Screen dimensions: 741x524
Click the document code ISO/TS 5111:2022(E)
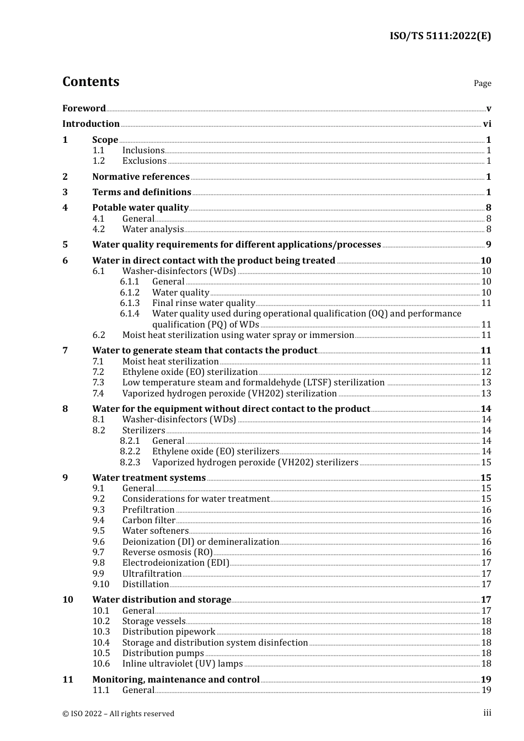[x=440, y=36]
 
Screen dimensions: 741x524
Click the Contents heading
[x=90, y=82]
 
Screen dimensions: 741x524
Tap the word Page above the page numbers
[x=482, y=83]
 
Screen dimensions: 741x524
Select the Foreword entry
[x=84, y=109]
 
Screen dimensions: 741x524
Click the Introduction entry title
[x=91, y=124]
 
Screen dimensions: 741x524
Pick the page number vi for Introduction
[x=486, y=124]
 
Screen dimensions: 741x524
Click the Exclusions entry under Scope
[x=144, y=161]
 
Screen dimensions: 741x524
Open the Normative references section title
[x=141, y=177]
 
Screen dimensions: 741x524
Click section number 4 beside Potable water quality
[x=65, y=208]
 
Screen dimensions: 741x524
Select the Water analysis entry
[x=153, y=229]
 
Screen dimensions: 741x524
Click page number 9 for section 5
[x=488, y=245]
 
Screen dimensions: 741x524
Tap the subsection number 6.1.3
[x=130, y=303]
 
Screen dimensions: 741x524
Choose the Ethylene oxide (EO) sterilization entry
[x=190, y=372]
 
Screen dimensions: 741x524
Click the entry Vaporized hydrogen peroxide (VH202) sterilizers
[x=255, y=463]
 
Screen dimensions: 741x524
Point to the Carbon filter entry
[x=148, y=520]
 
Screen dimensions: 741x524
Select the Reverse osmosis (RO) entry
[x=167, y=552]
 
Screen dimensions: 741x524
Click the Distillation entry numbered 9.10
[x=146, y=584]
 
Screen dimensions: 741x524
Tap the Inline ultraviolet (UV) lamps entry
[x=182, y=664]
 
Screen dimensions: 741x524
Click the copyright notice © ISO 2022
[x=118, y=713]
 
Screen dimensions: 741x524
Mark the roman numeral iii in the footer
[x=487, y=713]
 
